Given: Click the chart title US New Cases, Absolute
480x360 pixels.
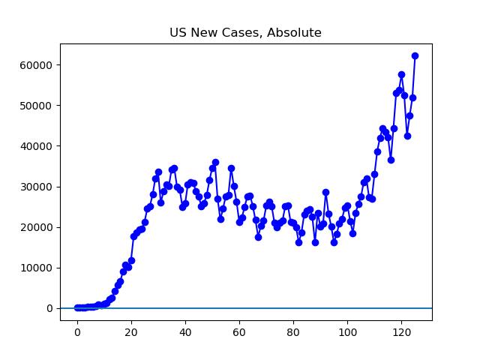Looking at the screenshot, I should pyautogui.click(x=246, y=33).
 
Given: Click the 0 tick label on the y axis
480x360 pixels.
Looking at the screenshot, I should pyautogui.click(x=49, y=308).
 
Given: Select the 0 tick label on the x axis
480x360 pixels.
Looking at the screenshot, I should pyautogui.click(x=77, y=332).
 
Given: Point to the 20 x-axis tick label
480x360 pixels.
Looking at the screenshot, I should pyautogui.click(x=131, y=332).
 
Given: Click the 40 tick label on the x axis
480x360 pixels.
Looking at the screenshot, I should pyautogui.click(x=185, y=332).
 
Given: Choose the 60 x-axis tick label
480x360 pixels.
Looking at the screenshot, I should pyautogui.click(x=239, y=332).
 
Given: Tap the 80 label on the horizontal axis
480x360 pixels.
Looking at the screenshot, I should pyautogui.click(x=293, y=332).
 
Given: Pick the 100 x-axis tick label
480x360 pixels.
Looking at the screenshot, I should pyautogui.click(x=347, y=332).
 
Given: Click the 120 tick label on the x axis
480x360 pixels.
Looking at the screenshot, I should pyautogui.click(x=401, y=332).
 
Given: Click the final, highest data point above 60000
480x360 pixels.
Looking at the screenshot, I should pyautogui.click(x=415, y=55).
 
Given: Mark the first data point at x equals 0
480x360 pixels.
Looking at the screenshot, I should pyautogui.click(x=77, y=307).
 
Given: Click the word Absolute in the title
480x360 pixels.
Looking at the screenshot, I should pyautogui.click(x=296, y=33).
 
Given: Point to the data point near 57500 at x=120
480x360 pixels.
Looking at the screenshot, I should pyautogui.click(x=401, y=75).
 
